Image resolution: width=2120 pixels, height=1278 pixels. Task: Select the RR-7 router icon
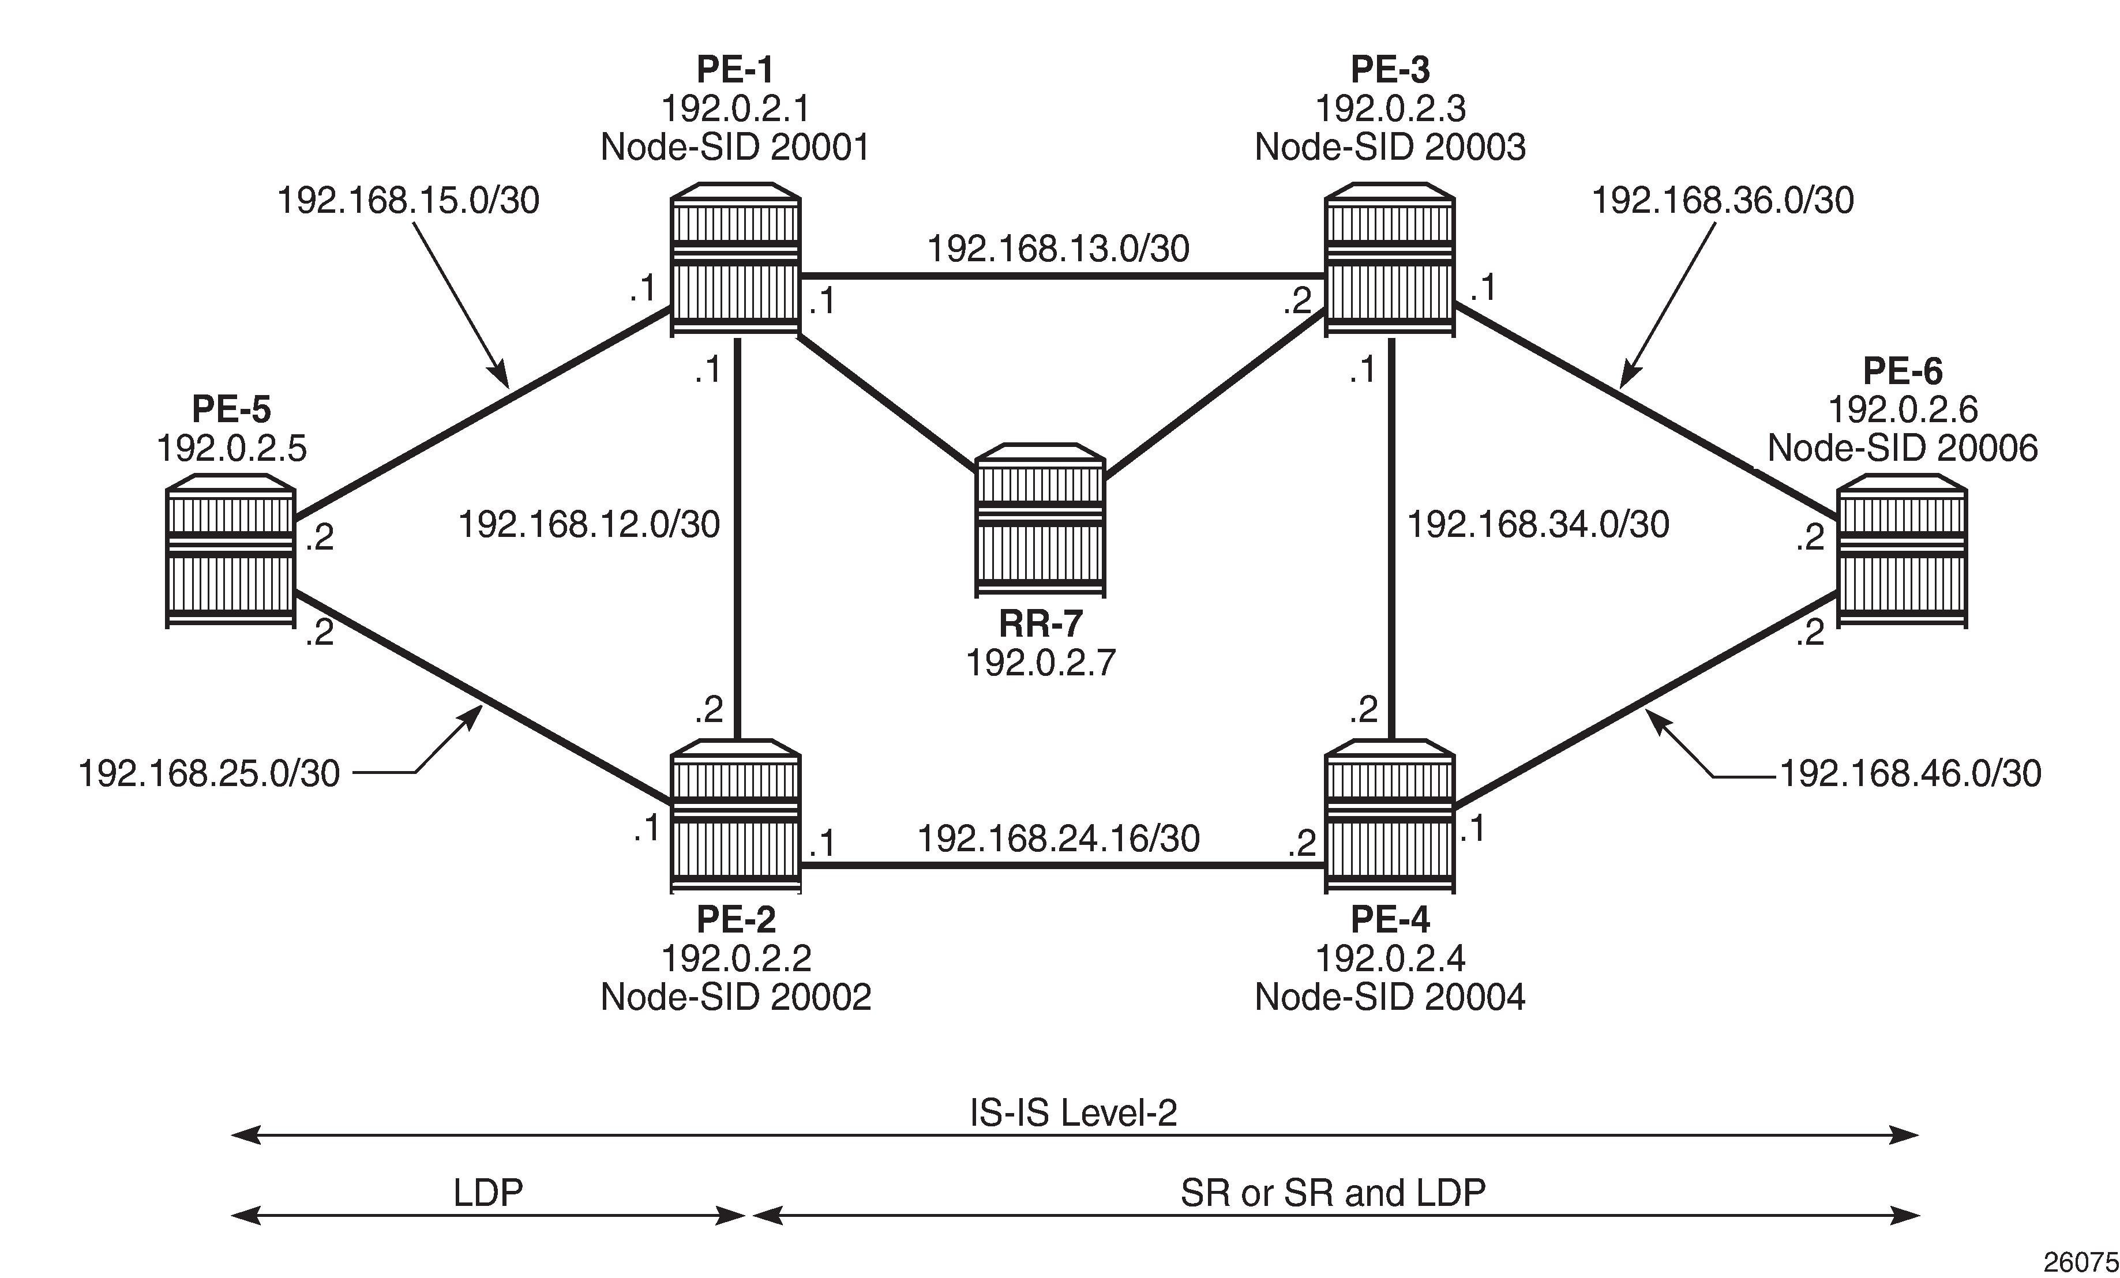pyautogui.click(x=1040, y=520)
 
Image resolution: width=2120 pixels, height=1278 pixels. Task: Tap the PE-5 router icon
pyautogui.click(x=231, y=557)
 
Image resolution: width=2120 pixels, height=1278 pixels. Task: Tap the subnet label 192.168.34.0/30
pyautogui.click(x=1537, y=525)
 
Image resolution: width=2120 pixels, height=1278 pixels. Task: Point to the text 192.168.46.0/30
pyautogui.click(x=1909, y=774)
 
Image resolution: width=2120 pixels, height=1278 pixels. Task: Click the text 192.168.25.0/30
pyautogui.click(x=209, y=774)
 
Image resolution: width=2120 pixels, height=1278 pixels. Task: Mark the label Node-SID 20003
pyautogui.click(x=1390, y=147)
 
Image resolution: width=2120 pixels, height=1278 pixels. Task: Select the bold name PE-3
pyautogui.click(x=1390, y=69)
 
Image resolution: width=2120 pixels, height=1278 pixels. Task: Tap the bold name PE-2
pyautogui.click(x=736, y=919)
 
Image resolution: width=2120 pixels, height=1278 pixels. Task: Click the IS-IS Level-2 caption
pyautogui.click(x=1073, y=1113)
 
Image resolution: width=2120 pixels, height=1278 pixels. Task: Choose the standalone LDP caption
pyautogui.click(x=488, y=1193)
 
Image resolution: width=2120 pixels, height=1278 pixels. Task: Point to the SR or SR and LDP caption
pyautogui.click(x=1333, y=1193)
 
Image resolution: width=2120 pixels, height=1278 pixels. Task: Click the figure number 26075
pyautogui.click(x=2080, y=1262)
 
